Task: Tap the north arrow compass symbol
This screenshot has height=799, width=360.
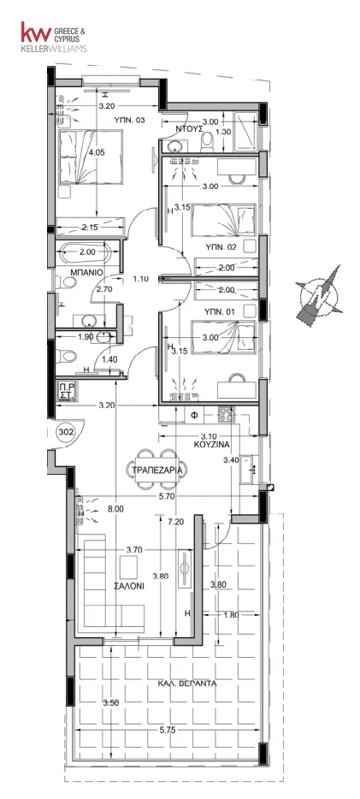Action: click(319, 294)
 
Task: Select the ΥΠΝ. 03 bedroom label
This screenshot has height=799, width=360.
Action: click(129, 121)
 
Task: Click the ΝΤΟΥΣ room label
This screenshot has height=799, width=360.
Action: click(186, 129)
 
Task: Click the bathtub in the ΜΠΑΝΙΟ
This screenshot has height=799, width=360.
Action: click(86, 252)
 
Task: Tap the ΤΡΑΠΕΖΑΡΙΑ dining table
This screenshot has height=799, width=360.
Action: click(156, 470)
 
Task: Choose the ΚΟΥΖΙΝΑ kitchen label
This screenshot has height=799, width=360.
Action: click(211, 444)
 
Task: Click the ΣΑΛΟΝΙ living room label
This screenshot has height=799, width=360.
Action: click(129, 586)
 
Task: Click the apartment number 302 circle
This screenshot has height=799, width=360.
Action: click(67, 433)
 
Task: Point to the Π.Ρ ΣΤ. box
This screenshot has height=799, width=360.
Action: click(68, 391)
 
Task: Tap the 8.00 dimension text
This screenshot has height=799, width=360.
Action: click(115, 508)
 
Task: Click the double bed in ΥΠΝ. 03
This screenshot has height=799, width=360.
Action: click(90, 157)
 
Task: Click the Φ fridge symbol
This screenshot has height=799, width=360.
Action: click(193, 415)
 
